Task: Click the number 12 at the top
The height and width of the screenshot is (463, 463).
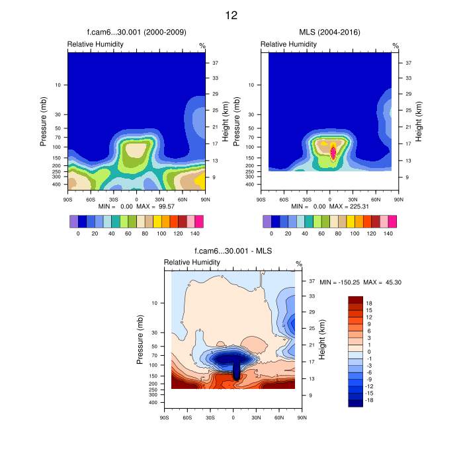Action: pos(231,15)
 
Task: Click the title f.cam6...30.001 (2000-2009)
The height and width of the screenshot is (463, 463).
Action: pos(137,32)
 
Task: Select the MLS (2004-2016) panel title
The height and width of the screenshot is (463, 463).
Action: pos(329,32)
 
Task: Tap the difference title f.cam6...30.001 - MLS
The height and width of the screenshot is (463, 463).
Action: pos(233,251)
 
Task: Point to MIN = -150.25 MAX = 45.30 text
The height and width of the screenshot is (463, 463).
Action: pos(361,282)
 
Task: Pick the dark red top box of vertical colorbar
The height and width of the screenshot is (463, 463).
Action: pos(356,300)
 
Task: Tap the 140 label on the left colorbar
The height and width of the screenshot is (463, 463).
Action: pos(195,234)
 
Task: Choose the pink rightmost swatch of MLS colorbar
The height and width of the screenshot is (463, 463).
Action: pos(392,221)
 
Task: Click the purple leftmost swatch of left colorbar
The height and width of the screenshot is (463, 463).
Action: pos(73,221)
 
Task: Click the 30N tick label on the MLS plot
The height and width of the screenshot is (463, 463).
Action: pos(353,199)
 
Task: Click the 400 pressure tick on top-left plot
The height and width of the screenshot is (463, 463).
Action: pos(56,185)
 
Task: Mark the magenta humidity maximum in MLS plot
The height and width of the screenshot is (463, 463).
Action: pos(333,151)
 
